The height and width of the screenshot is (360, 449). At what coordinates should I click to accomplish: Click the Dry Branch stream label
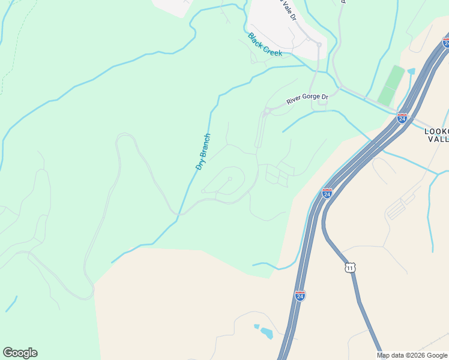(x=203, y=151)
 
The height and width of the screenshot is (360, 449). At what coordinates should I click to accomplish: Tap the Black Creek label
(x=265, y=45)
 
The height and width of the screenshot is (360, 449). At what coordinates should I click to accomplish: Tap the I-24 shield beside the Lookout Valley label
(x=402, y=118)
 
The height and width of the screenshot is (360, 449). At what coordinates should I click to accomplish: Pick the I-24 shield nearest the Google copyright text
(x=300, y=295)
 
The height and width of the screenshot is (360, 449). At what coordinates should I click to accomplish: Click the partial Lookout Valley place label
(x=436, y=134)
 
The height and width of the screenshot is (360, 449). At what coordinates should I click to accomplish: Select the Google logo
(x=20, y=353)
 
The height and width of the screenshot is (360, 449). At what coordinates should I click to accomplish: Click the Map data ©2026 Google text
(x=412, y=355)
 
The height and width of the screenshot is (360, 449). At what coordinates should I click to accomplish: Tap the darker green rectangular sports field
(x=391, y=85)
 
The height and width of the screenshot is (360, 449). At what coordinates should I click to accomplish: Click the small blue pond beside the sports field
(x=411, y=71)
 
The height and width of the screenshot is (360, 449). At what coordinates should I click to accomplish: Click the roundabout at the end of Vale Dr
(x=319, y=44)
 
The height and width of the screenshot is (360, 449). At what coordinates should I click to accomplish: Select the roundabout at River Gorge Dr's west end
(x=265, y=112)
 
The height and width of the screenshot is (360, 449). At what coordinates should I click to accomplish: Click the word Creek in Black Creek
(x=273, y=52)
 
